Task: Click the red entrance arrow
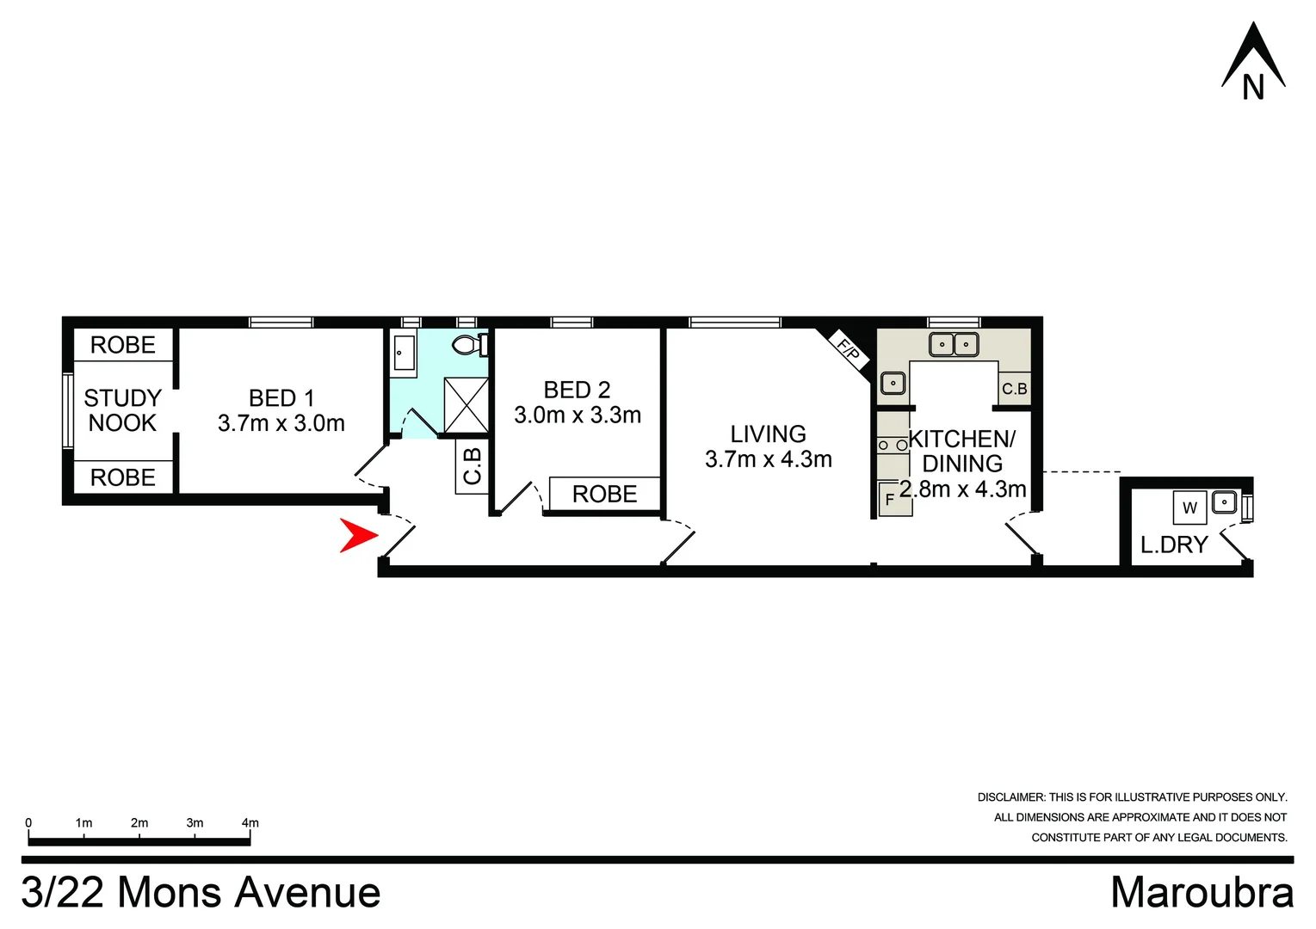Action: pos(358,535)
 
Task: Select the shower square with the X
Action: pos(466,404)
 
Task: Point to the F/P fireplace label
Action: pos(849,351)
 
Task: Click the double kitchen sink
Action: pos(954,345)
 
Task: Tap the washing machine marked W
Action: pos(1189,508)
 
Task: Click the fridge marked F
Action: pos(890,499)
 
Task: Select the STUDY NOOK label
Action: pos(122,410)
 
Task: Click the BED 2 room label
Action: pos(577,390)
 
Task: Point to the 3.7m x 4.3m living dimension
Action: pos(768,459)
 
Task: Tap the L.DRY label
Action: pos(1174,544)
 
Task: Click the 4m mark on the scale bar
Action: pos(250,823)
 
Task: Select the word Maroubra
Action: pos(1202,892)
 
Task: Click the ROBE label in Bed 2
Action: pos(604,495)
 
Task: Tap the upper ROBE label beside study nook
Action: pos(122,345)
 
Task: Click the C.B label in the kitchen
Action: pos(1014,389)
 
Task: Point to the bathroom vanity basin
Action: pos(404,353)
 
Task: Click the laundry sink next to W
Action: pos(1224,501)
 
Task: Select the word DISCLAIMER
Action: pos(1010,797)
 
